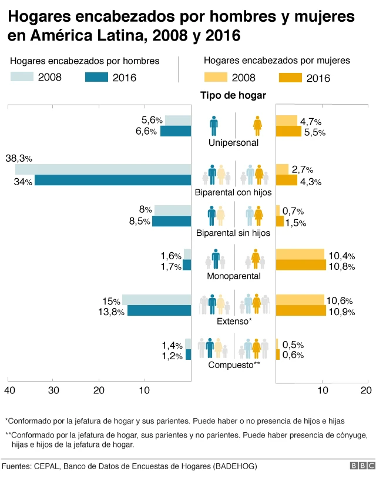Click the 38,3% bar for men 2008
(x=103, y=169)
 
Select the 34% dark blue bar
(x=113, y=180)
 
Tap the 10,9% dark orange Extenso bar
(x=301, y=310)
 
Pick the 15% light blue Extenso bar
(x=156, y=300)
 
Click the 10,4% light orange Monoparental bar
(x=300, y=254)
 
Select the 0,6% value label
(x=293, y=355)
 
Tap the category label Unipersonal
(x=233, y=143)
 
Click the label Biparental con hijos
(x=233, y=192)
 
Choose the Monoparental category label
(x=233, y=276)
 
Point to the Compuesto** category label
(x=234, y=365)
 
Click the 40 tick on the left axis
(x=9, y=390)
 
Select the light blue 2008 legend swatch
(x=22, y=76)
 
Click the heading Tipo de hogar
(x=233, y=95)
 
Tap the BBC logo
(x=362, y=466)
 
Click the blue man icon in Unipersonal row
(x=214, y=125)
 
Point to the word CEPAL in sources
(x=50, y=466)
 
